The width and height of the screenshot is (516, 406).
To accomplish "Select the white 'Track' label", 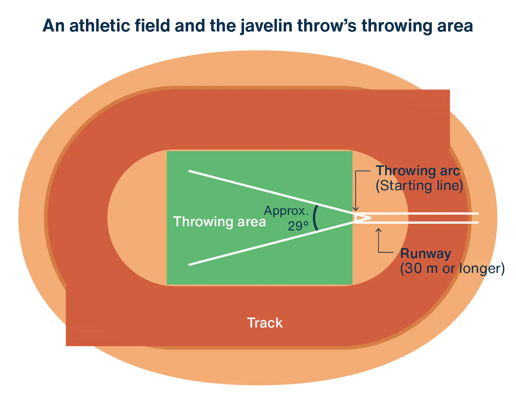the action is (x=265, y=323).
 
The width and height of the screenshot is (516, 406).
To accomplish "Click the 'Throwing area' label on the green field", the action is (x=219, y=222).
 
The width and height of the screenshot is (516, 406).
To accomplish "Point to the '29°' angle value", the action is (x=298, y=226).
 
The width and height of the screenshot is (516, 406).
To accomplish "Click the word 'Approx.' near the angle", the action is (x=286, y=211).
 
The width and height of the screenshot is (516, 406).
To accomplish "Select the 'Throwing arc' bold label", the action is (x=418, y=171).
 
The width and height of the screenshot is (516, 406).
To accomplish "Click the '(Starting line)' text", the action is (x=419, y=186).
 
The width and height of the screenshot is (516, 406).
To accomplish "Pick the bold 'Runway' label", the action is (x=425, y=254).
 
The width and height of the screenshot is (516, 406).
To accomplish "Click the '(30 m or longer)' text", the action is (x=452, y=268).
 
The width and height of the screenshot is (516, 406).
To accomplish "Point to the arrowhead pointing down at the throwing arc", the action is (x=355, y=209).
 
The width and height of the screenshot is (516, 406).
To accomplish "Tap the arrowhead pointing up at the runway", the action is (x=378, y=230).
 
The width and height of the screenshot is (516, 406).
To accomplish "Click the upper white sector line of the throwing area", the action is (x=272, y=192).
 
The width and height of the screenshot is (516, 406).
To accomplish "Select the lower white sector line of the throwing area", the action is (x=272, y=244).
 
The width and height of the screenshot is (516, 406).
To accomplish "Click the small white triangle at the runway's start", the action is (x=363, y=218).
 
